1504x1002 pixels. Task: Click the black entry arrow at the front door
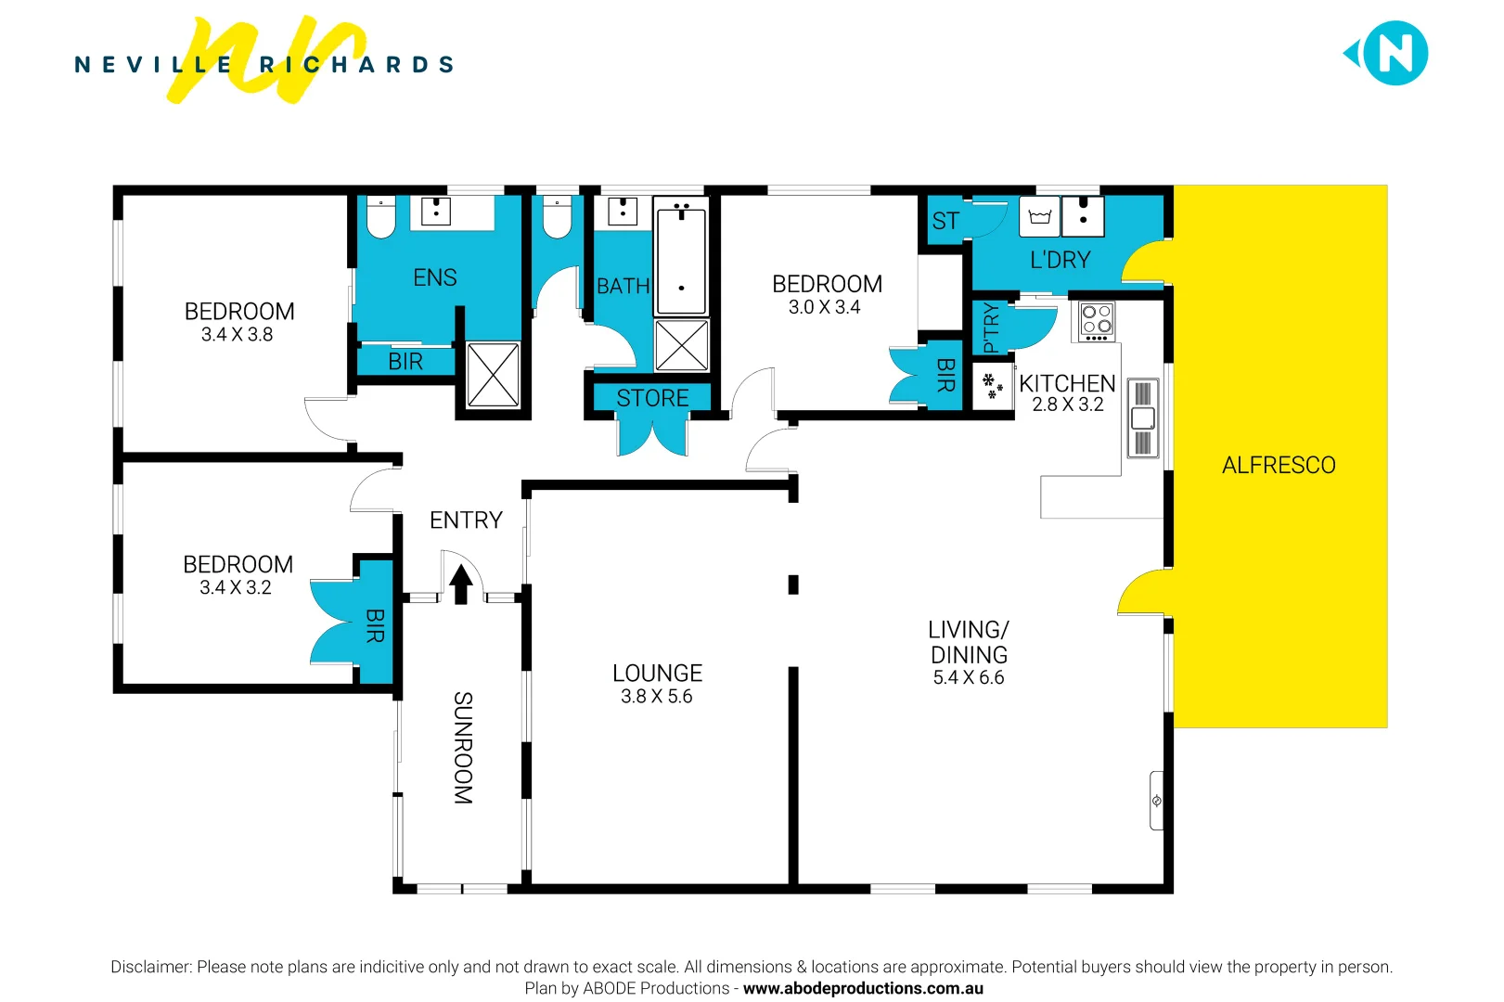pyautogui.click(x=461, y=584)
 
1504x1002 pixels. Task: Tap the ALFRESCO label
pyautogui.click(x=1278, y=465)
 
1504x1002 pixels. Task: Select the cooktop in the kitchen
pyautogui.click(x=1097, y=321)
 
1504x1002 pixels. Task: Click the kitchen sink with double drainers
pyautogui.click(x=1143, y=418)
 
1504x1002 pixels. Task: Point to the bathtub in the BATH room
pyautogui.click(x=681, y=262)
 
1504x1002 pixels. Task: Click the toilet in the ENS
pyautogui.click(x=380, y=218)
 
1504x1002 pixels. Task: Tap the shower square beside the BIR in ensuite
pyautogui.click(x=493, y=375)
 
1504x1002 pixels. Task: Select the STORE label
pyautogui.click(x=652, y=398)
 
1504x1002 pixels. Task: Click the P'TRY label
pyautogui.click(x=990, y=328)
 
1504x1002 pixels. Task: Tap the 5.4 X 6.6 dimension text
pyautogui.click(x=968, y=677)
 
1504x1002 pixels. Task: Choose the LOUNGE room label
pyautogui.click(x=657, y=673)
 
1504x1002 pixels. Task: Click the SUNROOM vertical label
pyautogui.click(x=463, y=747)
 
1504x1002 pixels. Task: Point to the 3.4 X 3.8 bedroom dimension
pyautogui.click(x=237, y=334)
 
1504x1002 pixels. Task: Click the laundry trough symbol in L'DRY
pyautogui.click(x=1039, y=217)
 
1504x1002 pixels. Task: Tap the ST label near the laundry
pyautogui.click(x=945, y=221)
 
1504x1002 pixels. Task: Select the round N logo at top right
pyautogui.click(x=1395, y=54)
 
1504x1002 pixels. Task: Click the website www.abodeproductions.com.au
pyautogui.click(x=863, y=988)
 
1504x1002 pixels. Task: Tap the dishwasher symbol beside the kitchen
pyautogui.click(x=992, y=386)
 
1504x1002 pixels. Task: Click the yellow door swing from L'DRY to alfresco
pyautogui.click(x=1146, y=263)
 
